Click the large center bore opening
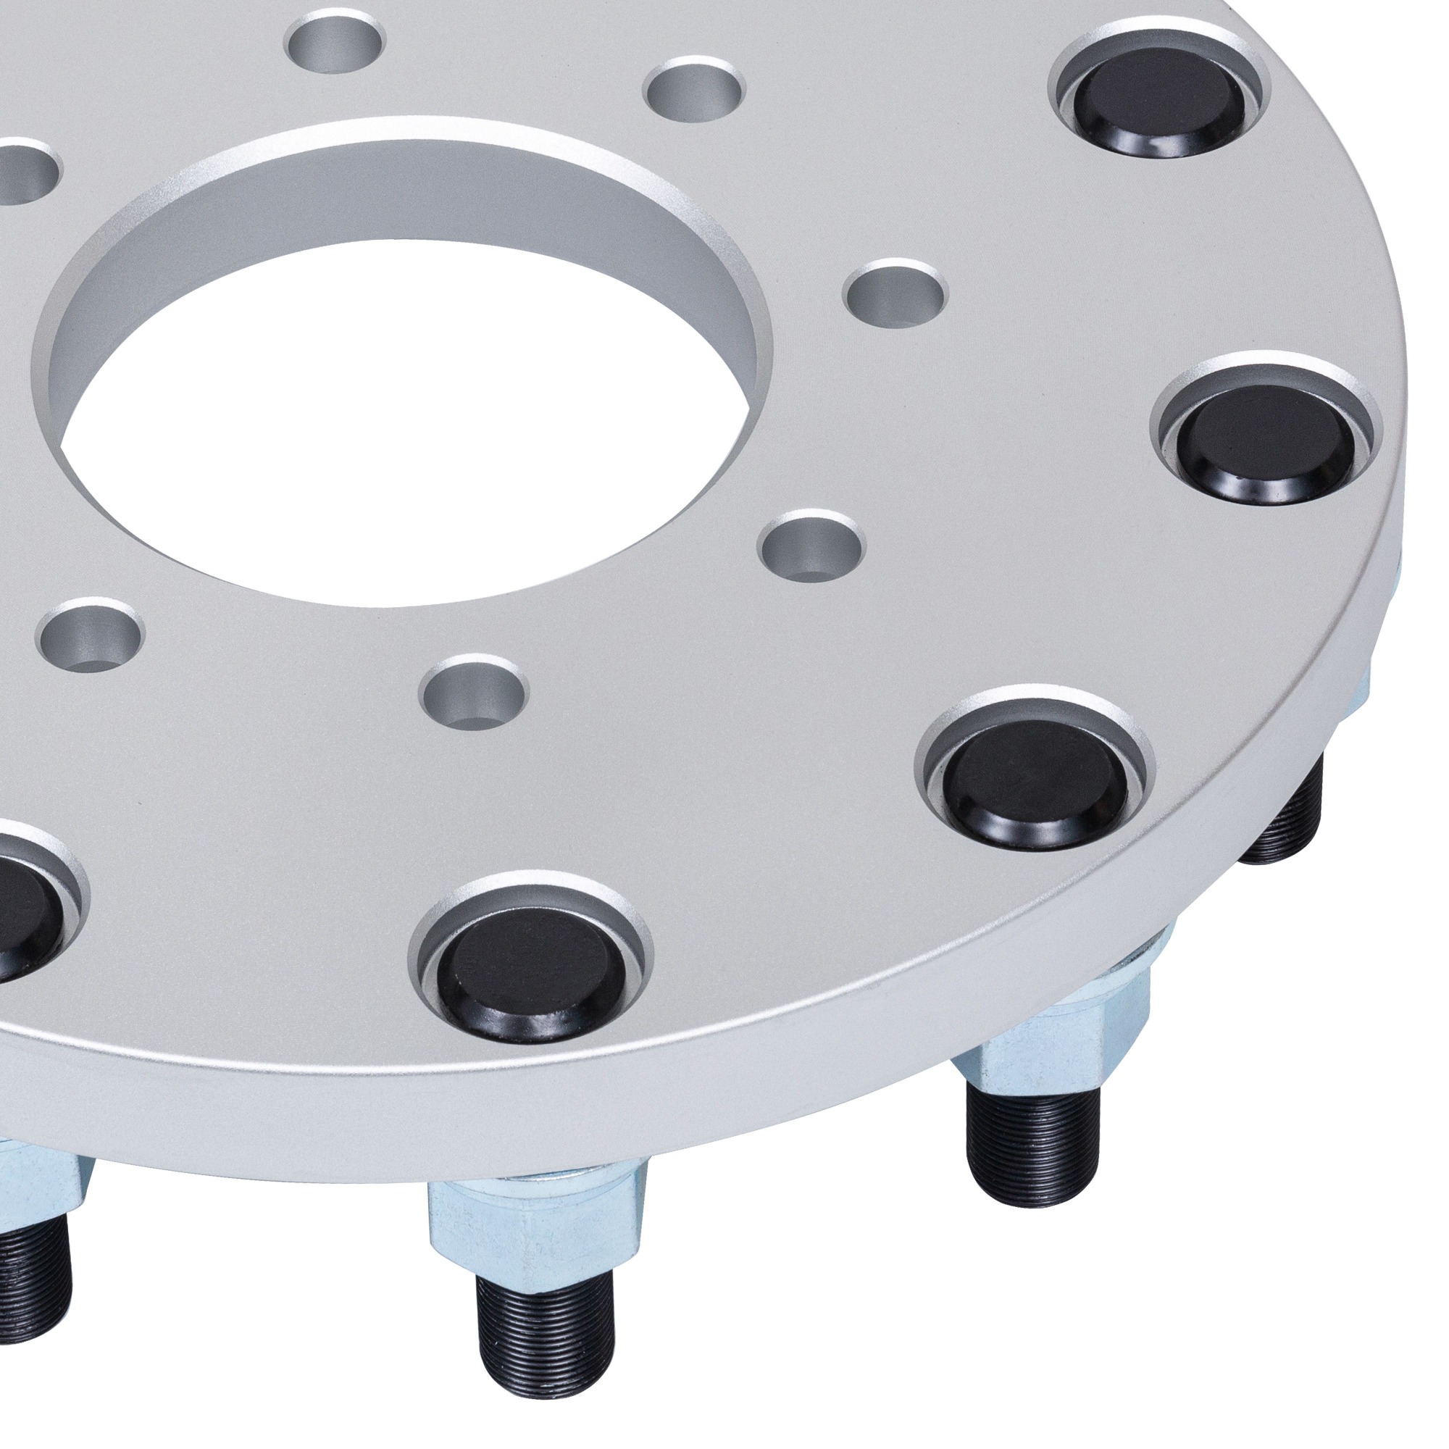(x=405, y=420)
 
